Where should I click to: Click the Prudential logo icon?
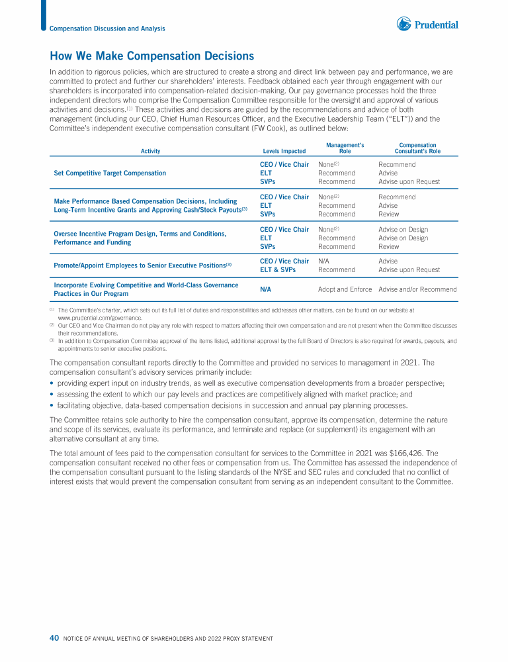tap(403, 24)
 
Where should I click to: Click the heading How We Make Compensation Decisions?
tap(151, 56)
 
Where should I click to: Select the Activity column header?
tap(150, 152)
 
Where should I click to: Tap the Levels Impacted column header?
tap(284, 152)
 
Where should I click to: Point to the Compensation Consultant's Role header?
tap(417, 148)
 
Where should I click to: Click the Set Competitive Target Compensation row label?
tap(110, 173)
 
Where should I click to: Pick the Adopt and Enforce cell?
tap(345, 289)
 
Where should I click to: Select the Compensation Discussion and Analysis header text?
tap(108, 28)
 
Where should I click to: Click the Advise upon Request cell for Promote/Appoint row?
tap(409, 270)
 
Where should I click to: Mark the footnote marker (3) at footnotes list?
tap(52, 341)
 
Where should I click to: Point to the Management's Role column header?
tap(345, 148)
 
